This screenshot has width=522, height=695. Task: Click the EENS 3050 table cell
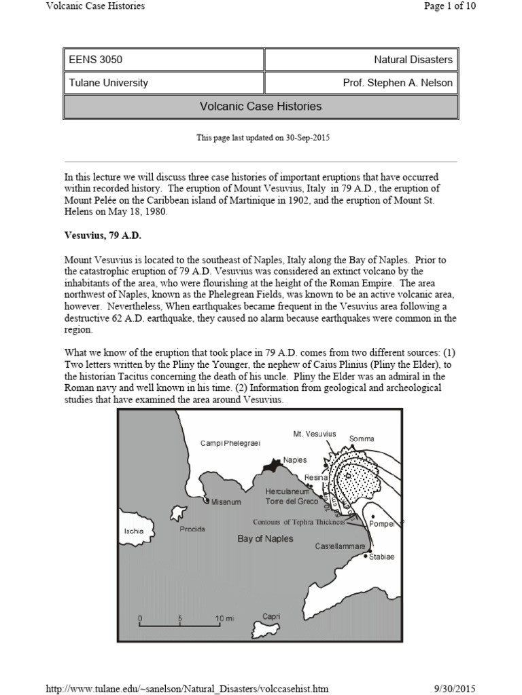163,60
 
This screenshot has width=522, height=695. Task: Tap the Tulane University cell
163,83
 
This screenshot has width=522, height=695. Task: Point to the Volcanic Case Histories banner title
261,107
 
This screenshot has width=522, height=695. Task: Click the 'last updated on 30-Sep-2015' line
263,138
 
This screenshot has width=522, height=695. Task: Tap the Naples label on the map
294,459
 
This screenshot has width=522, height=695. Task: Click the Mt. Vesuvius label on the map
315,434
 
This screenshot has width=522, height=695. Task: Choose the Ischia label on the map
134,531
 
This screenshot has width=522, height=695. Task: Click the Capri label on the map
271,616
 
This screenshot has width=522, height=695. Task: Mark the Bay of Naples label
265,538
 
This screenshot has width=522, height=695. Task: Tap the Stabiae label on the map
381,557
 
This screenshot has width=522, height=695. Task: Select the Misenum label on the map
226,502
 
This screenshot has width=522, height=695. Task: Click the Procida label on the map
192,529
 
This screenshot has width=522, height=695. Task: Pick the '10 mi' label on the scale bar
224,619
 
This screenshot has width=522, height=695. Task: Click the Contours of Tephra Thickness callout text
299,522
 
